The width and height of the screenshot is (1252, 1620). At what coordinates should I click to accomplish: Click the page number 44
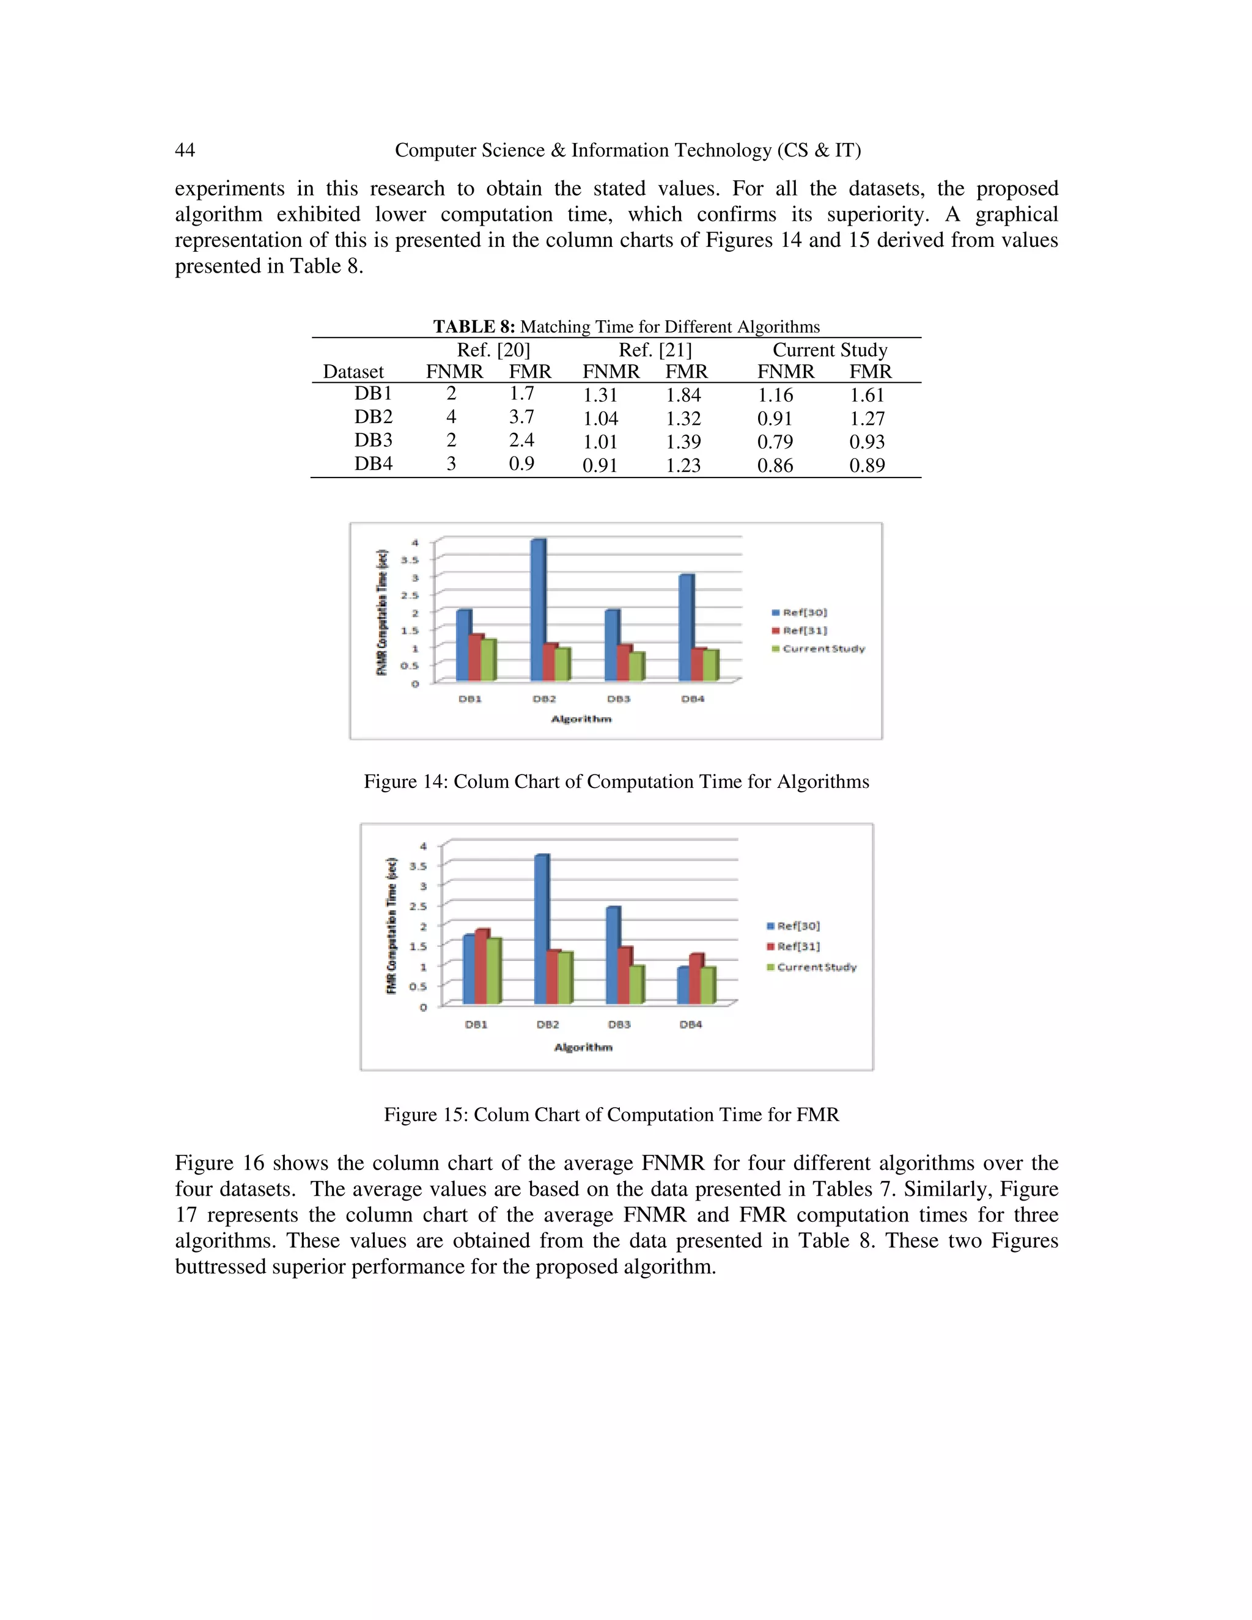point(185,150)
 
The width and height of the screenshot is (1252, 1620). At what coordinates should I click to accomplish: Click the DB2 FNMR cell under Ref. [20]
point(451,417)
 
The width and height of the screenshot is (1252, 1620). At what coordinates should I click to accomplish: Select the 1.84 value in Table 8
point(683,396)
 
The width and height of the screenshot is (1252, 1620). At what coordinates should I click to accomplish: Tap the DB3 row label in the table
point(373,441)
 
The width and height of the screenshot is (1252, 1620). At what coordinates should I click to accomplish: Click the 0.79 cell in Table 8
point(775,442)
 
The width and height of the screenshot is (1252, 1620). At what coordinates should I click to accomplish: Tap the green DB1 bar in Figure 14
point(488,660)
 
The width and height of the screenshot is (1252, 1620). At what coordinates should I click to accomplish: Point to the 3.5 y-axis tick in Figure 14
point(410,560)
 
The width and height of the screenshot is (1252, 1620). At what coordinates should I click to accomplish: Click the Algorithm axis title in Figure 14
point(581,719)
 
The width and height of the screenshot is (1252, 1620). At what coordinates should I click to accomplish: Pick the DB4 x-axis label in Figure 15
point(691,1025)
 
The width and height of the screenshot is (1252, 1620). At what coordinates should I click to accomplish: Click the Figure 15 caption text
point(611,1115)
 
